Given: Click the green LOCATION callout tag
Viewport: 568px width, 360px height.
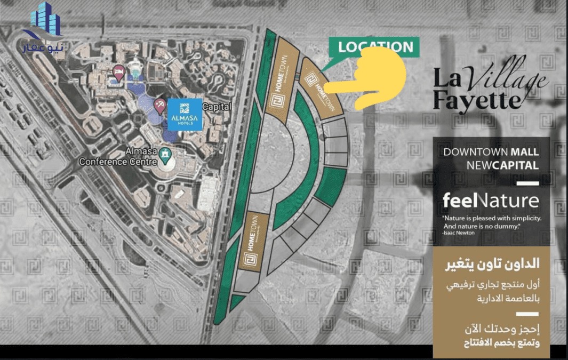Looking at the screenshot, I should point(375,47).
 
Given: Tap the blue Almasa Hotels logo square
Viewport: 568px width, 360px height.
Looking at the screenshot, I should point(184,114).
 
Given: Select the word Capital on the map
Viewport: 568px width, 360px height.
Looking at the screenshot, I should point(218,107).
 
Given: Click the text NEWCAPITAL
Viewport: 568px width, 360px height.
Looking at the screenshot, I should point(502,165).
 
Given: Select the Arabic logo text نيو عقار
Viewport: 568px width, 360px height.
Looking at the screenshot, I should point(44,47).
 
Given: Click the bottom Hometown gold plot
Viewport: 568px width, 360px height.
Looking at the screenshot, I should point(250,242).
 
